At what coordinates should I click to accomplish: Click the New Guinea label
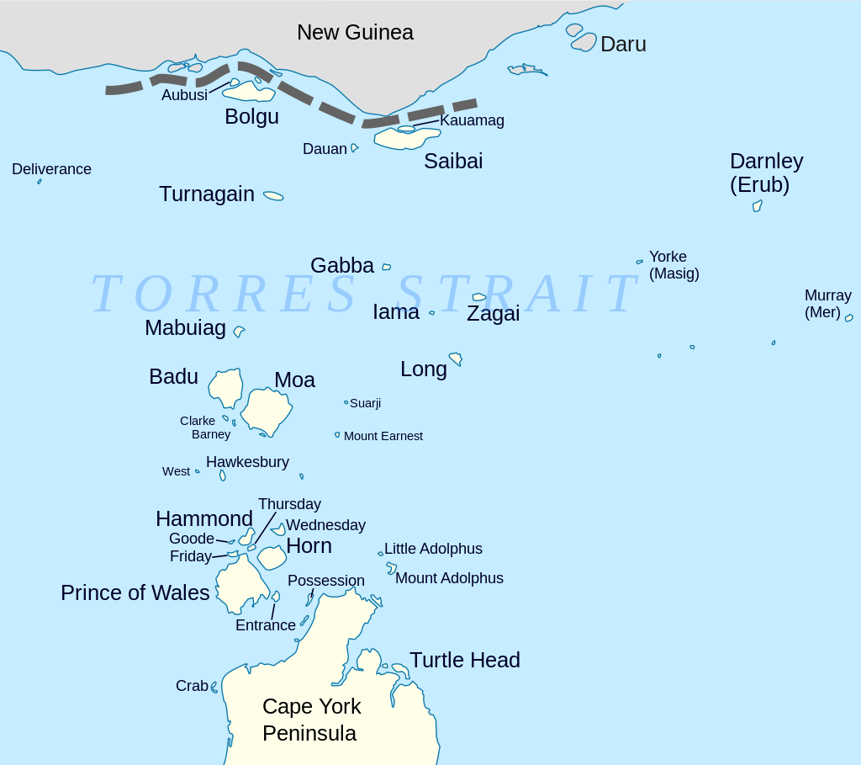click(355, 33)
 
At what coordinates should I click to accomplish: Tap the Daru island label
click(623, 45)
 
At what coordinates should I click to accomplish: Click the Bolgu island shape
click(249, 91)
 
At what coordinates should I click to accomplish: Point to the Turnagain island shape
click(273, 196)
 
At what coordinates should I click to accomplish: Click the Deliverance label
click(51, 169)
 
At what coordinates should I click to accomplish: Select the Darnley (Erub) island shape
click(757, 205)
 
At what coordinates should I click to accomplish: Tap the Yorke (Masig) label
click(673, 265)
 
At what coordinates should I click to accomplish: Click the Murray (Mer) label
click(827, 304)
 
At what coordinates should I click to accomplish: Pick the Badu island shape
click(225, 388)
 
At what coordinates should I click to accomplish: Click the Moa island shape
click(267, 411)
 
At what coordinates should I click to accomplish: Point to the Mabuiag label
click(185, 328)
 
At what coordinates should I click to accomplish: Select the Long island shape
click(456, 359)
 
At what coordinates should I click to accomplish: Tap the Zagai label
click(493, 314)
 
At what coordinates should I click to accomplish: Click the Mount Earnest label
click(383, 436)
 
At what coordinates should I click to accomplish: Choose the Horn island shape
click(272, 557)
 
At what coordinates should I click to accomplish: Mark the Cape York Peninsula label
click(311, 720)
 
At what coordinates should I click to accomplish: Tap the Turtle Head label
click(464, 660)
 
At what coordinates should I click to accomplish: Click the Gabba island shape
click(387, 267)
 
